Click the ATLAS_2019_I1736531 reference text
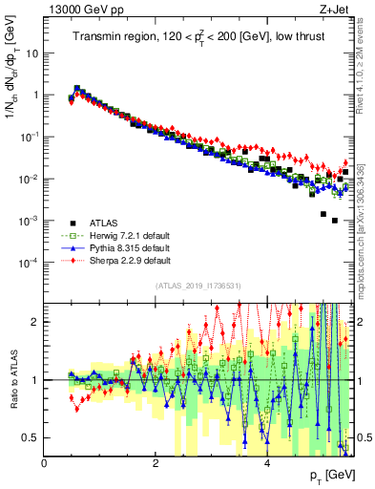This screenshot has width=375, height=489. click(198, 286)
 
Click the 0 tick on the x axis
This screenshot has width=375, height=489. click(44, 463)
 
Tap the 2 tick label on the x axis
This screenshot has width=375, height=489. click(155, 463)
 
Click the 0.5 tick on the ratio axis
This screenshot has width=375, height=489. click(31, 437)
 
